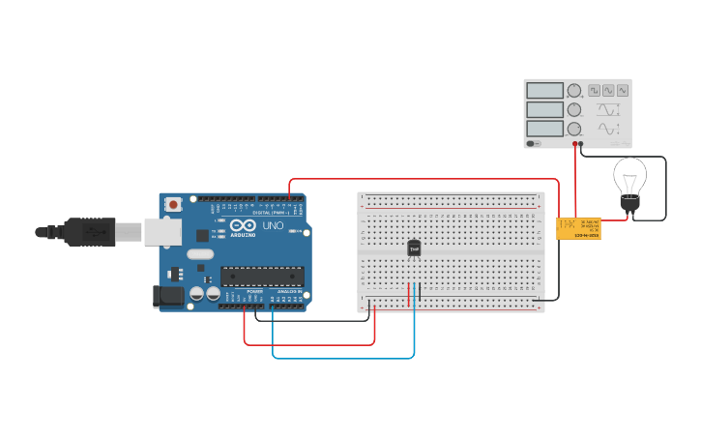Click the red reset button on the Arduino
pos(173,204)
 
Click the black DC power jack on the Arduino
pos(168,297)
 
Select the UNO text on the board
pos(273,226)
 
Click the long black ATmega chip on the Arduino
pos(262,277)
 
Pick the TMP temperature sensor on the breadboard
pos(414,248)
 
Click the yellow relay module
pos(577,228)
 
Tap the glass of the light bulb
pos(629,176)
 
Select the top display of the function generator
pos(544,91)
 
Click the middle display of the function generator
pos(544,109)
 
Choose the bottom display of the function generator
pos(544,129)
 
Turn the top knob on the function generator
pos(574,91)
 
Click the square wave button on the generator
pos(594,91)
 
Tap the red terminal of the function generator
pos(574,144)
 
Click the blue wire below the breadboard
pos(343,358)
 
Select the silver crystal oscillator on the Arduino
pos(200,254)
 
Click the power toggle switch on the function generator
pos(532,144)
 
